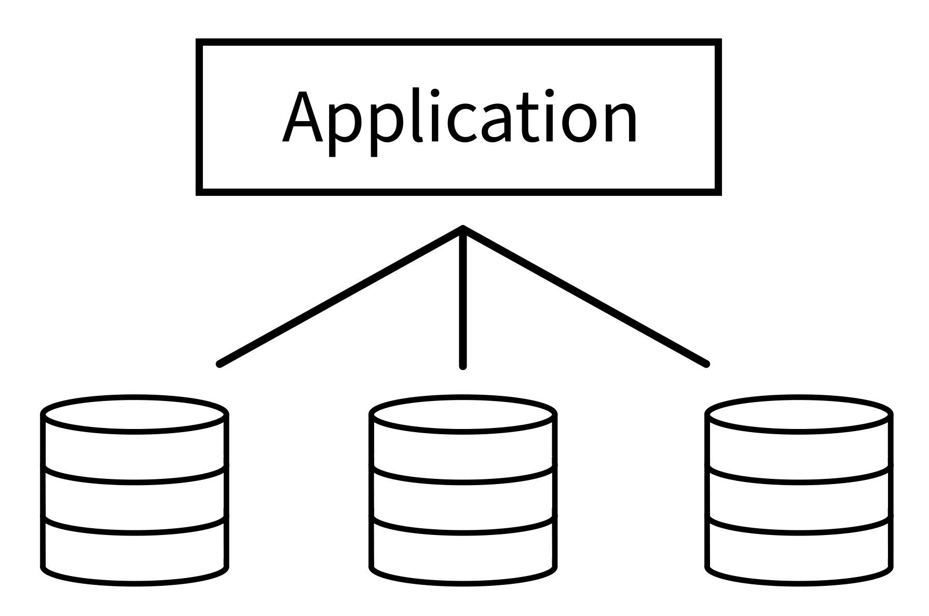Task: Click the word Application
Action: (460, 118)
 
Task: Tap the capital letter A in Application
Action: (303, 118)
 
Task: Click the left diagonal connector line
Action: (340, 296)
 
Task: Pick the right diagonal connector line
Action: (585, 296)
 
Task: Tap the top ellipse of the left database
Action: (134, 414)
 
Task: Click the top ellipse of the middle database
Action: (463, 414)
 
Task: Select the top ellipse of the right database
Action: (799, 414)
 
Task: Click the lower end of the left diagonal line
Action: (220, 364)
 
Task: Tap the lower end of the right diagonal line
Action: (706, 364)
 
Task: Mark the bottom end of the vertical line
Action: (463, 366)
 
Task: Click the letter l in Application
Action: (416, 117)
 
